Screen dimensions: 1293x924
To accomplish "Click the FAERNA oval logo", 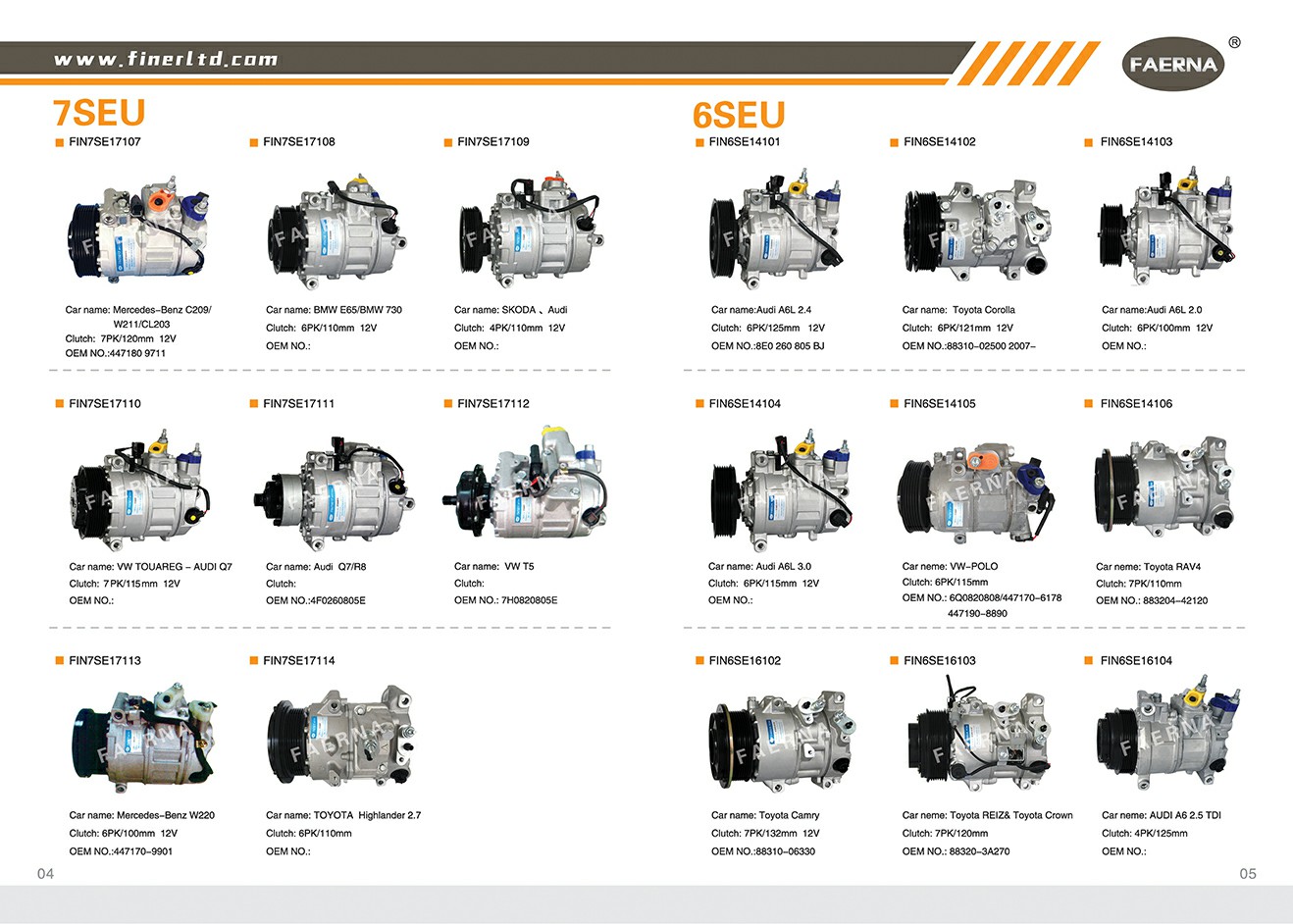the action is tap(1173, 64).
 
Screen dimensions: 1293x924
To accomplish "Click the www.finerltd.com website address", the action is tap(166, 60).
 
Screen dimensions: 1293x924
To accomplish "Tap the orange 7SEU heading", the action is tap(99, 112).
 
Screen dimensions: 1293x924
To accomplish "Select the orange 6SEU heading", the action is tap(739, 114).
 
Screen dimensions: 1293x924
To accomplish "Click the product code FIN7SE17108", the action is tap(299, 142).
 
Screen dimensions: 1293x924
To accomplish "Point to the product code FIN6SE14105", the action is tap(940, 404).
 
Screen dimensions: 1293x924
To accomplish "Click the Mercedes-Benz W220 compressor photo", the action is tap(144, 740).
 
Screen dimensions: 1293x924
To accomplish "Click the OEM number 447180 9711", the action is tap(136, 353).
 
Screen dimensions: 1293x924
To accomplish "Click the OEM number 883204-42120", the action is tap(1175, 601).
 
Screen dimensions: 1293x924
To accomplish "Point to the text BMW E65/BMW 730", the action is tap(358, 310).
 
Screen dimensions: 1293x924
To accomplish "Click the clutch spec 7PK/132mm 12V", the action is tap(782, 834).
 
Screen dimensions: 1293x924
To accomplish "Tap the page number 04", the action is tap(45, 874).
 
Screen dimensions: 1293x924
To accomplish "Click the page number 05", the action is tap(1248, 874).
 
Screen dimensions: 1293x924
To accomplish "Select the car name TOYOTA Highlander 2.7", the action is tap(367, 815).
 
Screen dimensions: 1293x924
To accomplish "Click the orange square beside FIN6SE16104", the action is tap(1089, 661).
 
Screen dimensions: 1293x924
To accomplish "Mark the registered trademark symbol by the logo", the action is tap(1234, 43).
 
